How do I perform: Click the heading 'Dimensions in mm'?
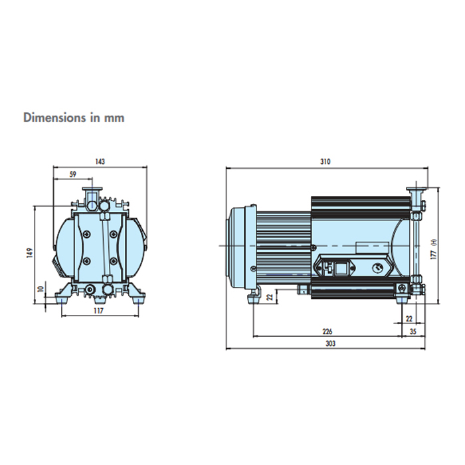point(74,118)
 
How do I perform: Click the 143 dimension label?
point(100,161)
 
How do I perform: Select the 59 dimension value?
point(72,174)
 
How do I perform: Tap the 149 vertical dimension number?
point(29,252)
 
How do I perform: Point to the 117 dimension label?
point(98,310)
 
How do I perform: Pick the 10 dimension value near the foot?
point(41,288)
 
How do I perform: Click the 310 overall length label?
point(325,161)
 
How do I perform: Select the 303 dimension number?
point(330,343)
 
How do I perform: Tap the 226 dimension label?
point(327,331)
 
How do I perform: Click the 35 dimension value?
point(413,331)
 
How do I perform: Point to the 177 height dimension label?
point(434,254)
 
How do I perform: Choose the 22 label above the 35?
point(409,319)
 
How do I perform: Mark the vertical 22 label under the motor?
point(270,296)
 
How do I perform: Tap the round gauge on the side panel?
point(377,268)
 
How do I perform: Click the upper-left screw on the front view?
point(86,234)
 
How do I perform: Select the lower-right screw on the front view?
point(113,261)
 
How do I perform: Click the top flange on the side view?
point(416,189)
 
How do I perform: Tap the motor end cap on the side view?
point(237,246)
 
